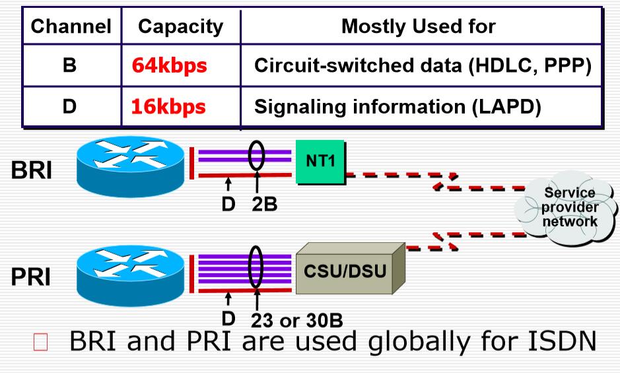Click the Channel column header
[x=71, y=28]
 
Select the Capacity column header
[x=180, y=28]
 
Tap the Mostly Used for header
[x=419, y=28]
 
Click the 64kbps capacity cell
[x=164, y=66]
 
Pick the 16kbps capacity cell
[x=164, y=106]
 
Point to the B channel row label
[x=71, y=66]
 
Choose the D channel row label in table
[x=71, y=106]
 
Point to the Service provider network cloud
[x=569, y=207]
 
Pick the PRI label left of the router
[x=31, y=277]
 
